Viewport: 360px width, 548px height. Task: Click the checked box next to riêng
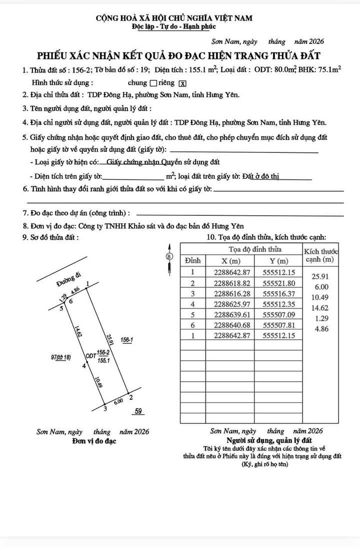pyautogui.click(x=183, y=83)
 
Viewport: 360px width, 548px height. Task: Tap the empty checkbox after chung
pyautogui.click(x=153, y=83)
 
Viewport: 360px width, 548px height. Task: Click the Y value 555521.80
pyautogui.click(x=279, y=283)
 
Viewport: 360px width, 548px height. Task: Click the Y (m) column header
pyautogui.click(x=278, y=261)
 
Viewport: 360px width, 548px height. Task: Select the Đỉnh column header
pyautogui.click(x=192, y=261)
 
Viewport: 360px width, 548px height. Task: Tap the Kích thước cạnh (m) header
pyautogui.click(x=320, y=255)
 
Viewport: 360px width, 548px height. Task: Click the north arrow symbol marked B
pyautogui.click(x=169, y=256)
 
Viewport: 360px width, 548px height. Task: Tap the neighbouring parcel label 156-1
pyautogui.click(x=126, y=340)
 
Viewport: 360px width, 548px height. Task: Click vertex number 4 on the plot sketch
pyautogui.click(x=84, y=366)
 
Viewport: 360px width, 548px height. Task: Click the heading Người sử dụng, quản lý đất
pyautogui.click(x=269, y=441)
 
